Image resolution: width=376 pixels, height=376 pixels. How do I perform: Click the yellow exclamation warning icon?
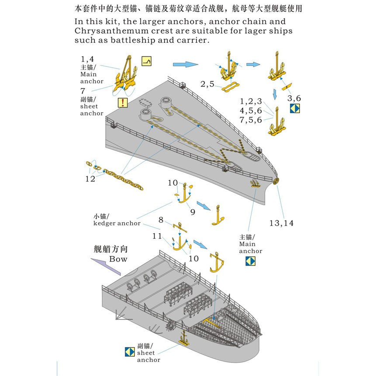pyautogui.click(x=123, y=103)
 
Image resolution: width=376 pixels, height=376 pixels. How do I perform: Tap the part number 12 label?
pyautogui.click(x=90, y=179)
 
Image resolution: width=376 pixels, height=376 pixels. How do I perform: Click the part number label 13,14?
pyautogui.click(x=281, y=223)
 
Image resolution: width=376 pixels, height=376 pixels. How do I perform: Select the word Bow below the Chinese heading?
pyautogui.click(x=118, y=259)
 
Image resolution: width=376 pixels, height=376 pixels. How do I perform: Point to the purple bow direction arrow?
pyautogui.click(x=105, y=265)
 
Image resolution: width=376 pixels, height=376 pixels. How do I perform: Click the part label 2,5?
pyautogui.click(x=207, y=84)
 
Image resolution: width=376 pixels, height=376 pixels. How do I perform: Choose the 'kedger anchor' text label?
pyautogui.click(x=117, y=223)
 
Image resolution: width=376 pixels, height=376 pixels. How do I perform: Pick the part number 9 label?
pyautogui.click(x=193, y=212)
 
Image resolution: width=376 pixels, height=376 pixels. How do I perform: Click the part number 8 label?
pyautogui.click(x=161, y=220)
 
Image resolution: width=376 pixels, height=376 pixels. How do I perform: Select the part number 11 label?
pyautogui.click(x=157, y=236)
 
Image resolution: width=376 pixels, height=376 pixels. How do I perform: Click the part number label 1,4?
pyautogui.click(x=87, y=59)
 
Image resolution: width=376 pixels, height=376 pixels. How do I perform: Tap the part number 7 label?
pyautogui.click(x=83, y=91)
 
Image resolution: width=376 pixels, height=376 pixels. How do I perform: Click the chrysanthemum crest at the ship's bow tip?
pyautogui.click(x=276, y=181)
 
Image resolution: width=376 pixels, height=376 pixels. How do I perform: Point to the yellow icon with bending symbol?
pyautogui.click(x=147, y=62)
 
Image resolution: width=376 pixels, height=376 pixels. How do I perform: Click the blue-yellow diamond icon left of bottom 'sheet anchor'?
pyautogui.click(x=129, y=351)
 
